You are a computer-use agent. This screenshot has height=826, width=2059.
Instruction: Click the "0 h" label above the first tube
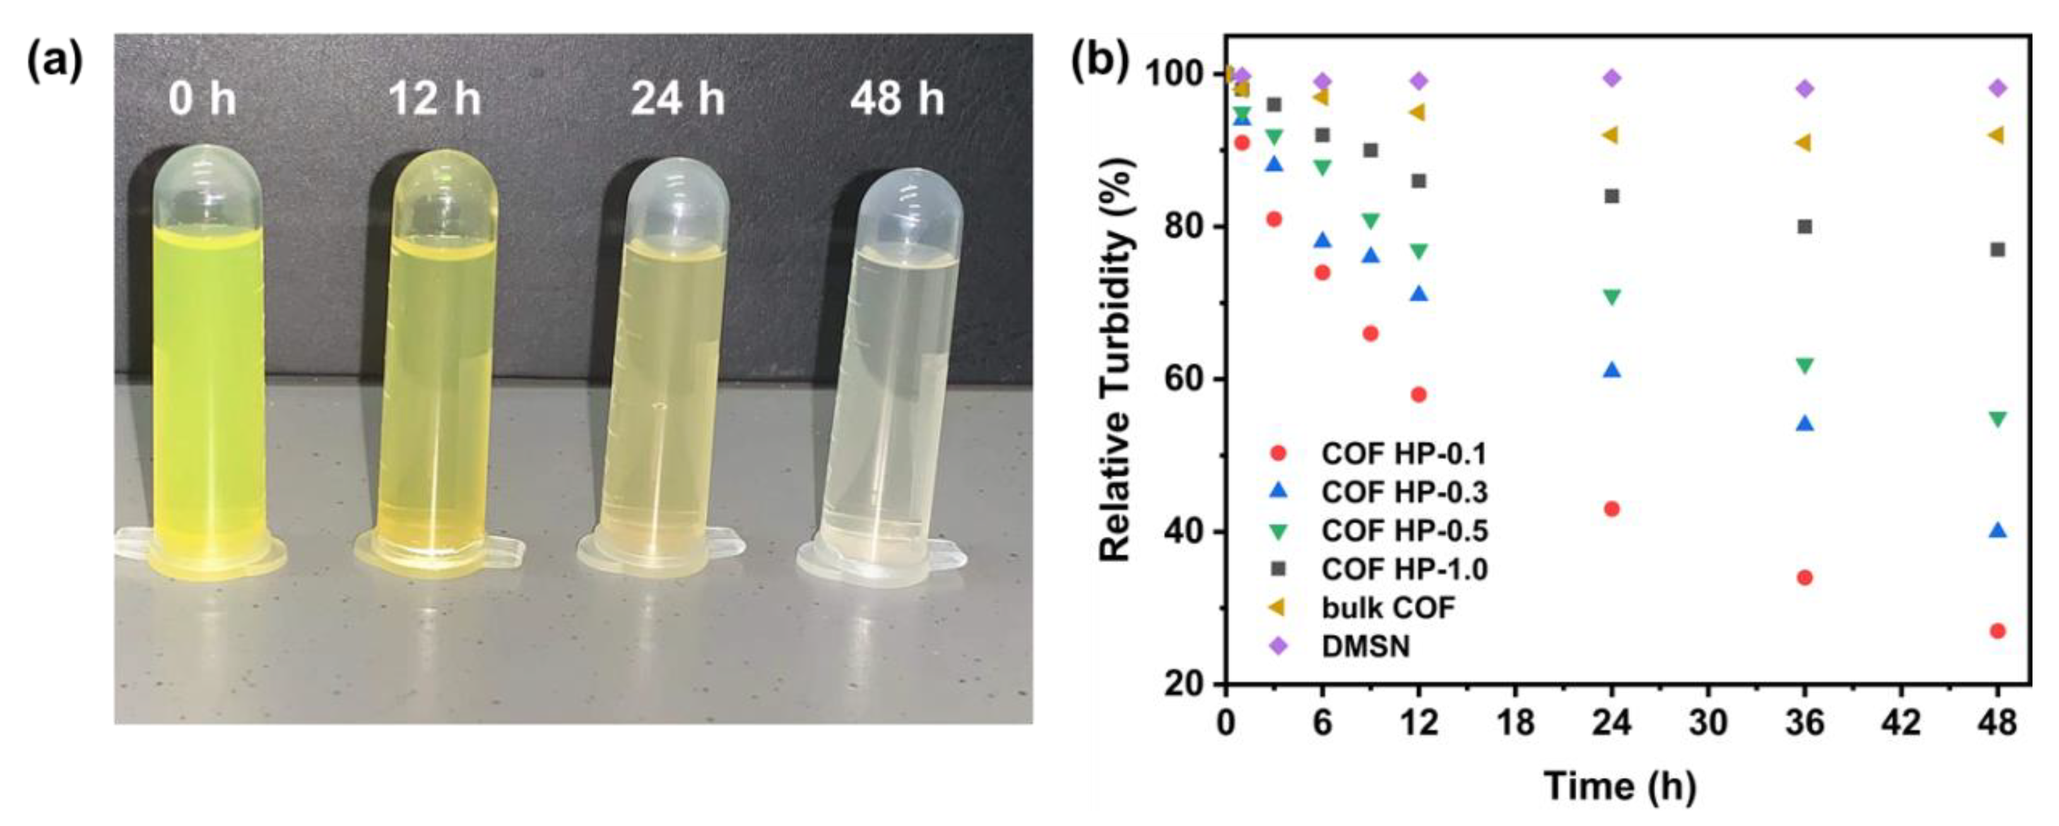click(202, 100)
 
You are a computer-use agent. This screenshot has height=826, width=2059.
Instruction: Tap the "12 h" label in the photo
click(435, 100)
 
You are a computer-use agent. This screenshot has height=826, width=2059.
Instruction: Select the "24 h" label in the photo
click(678, 100)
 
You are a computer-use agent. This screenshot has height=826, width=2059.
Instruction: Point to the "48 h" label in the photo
click(897, 100)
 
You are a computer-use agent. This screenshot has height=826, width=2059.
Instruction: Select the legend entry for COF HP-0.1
click(1403, 453)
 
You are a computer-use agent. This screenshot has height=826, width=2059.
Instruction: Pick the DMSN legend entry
click(1366, 646)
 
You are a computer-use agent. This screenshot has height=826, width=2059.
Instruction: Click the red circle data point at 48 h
click(1997, 631)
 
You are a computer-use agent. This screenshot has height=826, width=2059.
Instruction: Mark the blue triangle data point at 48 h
click(1997, 530)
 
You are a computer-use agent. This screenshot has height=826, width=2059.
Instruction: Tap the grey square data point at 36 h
click(1804, 226)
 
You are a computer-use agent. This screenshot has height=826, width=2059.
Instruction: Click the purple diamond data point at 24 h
click(1612, 78)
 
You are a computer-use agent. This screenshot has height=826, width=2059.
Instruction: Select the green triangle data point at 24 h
click(1612, 297)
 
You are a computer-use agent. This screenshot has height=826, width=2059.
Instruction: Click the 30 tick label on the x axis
click(1708, 724)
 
